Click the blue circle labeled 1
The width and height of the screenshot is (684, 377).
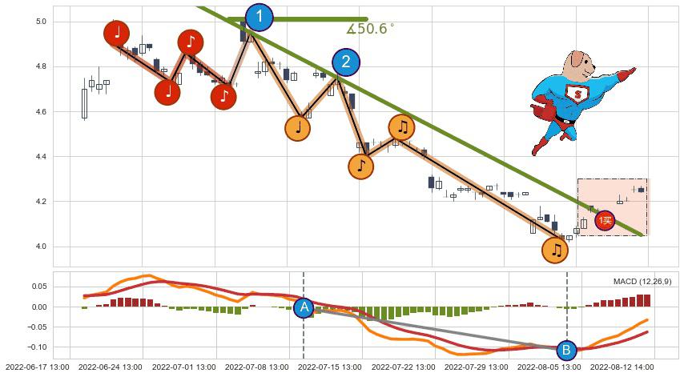[x=259, y=17]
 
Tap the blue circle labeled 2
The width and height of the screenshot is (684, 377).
[x=346, y=62]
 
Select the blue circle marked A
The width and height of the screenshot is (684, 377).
[x=304, y=307]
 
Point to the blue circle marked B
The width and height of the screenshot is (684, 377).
[x=566, y=350]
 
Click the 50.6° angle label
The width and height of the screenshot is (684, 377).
[x=371, y=30]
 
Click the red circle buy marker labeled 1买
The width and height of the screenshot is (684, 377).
[x=605, y=220]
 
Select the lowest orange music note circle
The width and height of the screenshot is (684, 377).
[x=555, y=251]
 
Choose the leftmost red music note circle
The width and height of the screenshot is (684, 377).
[x=118, y=33]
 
